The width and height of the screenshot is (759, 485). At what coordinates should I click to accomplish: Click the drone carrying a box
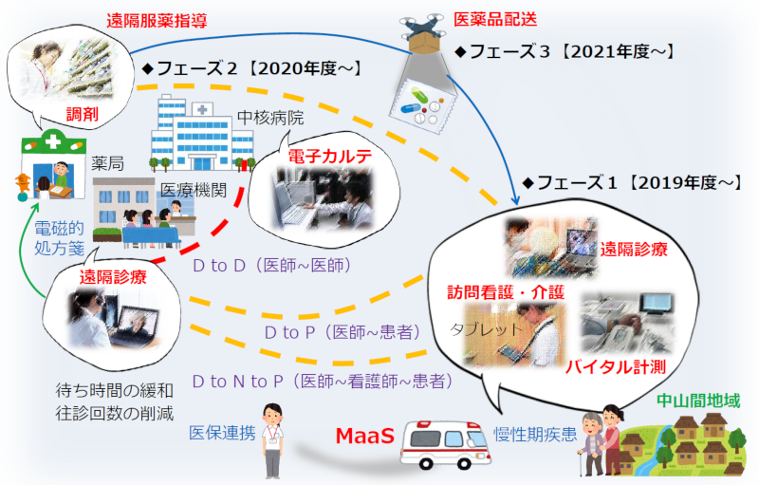point(422,33)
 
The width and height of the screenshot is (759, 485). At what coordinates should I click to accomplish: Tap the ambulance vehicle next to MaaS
point(445,445)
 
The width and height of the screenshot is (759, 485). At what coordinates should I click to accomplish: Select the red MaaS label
point(365,436)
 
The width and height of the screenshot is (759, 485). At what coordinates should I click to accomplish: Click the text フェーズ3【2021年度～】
point(565,51)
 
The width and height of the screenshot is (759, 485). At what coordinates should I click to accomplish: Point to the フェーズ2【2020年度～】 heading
point(252,68)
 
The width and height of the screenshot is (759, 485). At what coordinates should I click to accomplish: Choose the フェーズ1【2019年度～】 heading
point(632,182)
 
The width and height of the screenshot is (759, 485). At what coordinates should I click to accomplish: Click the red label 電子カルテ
point(330,156)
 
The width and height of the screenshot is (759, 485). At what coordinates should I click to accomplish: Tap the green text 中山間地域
point(698,401)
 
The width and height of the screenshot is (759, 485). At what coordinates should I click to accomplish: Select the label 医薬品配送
point(495,19)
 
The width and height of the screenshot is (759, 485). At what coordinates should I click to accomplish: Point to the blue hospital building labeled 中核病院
point(202,135)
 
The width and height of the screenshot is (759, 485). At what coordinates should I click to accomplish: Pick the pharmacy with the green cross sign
point(53,166)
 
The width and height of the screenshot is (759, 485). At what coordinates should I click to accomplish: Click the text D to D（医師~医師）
point(271,265)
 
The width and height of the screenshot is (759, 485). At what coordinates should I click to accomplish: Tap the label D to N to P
point(237,382)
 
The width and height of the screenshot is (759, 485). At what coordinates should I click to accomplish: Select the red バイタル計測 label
point(616,367)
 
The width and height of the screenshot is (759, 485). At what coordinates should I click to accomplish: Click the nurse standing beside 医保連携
point(272,440)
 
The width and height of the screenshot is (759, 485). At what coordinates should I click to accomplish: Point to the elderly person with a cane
point(592,444)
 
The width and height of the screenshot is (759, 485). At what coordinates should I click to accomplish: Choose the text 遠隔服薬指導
point(157,20)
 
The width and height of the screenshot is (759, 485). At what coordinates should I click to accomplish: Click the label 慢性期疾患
point(535,434)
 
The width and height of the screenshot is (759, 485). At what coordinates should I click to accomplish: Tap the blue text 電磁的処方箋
point(59,238)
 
